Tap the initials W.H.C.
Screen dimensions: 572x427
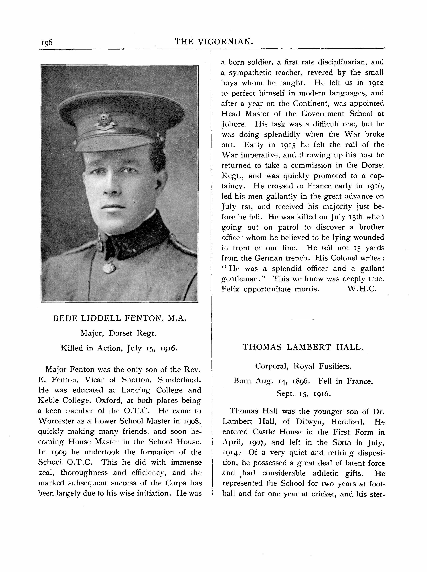click(362, 289)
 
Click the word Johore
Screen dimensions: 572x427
click(233, 124)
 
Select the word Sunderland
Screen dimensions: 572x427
click(179, 380)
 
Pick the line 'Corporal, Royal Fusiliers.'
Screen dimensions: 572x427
click(303, 366)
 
